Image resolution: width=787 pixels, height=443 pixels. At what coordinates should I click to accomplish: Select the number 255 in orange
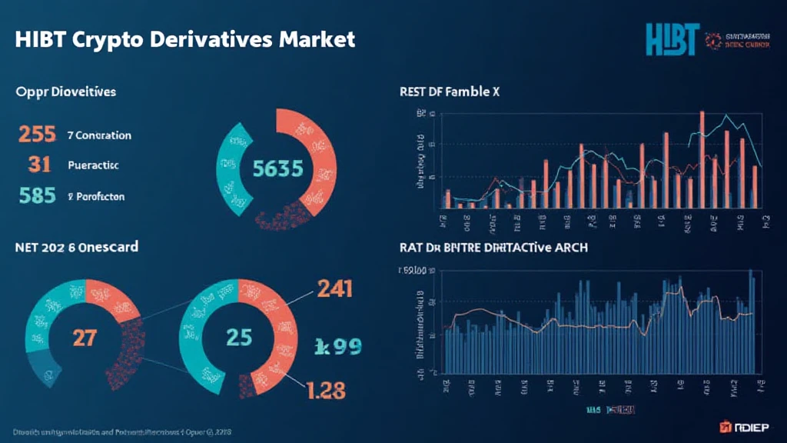(36, 135)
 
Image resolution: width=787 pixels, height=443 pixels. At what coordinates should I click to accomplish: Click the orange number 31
(38, 164)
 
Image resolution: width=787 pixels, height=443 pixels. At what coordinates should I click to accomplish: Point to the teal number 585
(36, 195)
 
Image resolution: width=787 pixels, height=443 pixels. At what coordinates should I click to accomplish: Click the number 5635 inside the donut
(277, 170)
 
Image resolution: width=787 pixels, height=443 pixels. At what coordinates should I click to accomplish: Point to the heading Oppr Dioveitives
(65, 92)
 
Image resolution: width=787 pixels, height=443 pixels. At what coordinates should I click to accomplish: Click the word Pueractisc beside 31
(93, 165)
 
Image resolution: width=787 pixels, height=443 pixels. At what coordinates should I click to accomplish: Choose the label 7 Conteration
(99, 135)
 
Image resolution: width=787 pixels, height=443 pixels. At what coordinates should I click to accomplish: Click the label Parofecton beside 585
(96, 196)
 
